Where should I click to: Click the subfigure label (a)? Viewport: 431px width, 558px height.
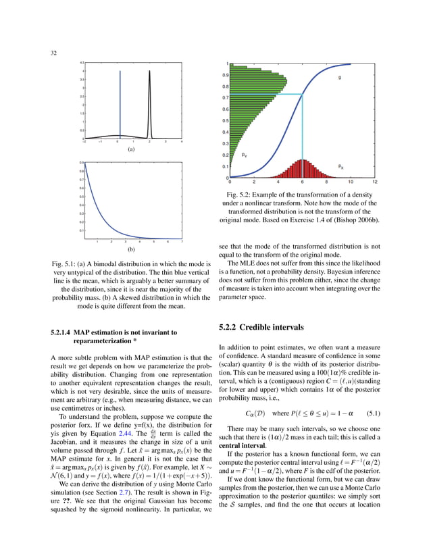pos(132,149)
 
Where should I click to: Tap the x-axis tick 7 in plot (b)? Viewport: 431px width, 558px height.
pos(182,241)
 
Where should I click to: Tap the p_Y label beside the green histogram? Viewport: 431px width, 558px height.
pos(244,155)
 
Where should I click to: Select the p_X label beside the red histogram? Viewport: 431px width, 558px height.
pos(340,165)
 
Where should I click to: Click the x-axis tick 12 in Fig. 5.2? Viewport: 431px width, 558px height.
pos(374,182)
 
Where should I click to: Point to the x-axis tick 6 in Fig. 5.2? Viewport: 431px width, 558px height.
pos(302,182)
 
